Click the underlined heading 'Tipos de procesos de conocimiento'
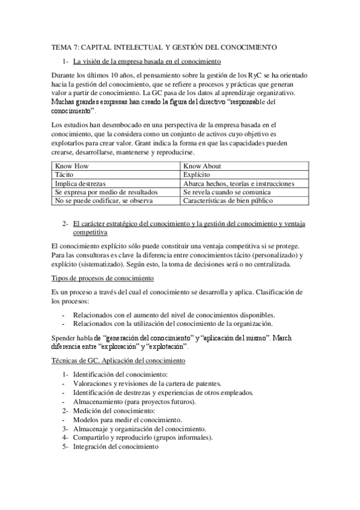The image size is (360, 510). [x=102, y=278]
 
